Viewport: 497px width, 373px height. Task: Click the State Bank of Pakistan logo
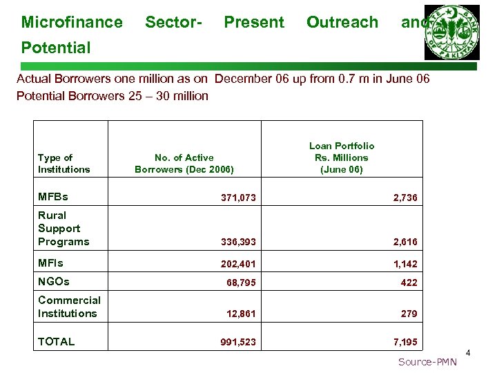452,32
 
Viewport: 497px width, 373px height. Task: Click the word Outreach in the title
342,22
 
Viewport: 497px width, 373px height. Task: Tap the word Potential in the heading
56,48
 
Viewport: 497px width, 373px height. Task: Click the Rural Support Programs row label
64,228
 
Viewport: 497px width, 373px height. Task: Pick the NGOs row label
53,281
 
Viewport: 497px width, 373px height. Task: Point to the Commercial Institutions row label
69,307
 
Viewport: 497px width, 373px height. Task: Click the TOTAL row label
57,341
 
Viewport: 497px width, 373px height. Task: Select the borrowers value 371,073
238,198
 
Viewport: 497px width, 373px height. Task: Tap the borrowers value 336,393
238,242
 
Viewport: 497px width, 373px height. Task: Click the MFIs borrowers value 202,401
238,264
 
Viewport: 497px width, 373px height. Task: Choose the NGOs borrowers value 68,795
241,283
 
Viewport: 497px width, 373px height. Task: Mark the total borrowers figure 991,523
238,342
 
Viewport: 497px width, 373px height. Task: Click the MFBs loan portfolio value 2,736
405,198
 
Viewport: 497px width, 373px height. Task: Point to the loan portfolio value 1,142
405,264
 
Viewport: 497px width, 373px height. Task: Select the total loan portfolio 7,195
405,342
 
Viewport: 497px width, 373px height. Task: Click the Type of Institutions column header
64,164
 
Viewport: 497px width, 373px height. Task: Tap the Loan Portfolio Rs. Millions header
341,157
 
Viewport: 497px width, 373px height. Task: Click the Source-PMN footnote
427,362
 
